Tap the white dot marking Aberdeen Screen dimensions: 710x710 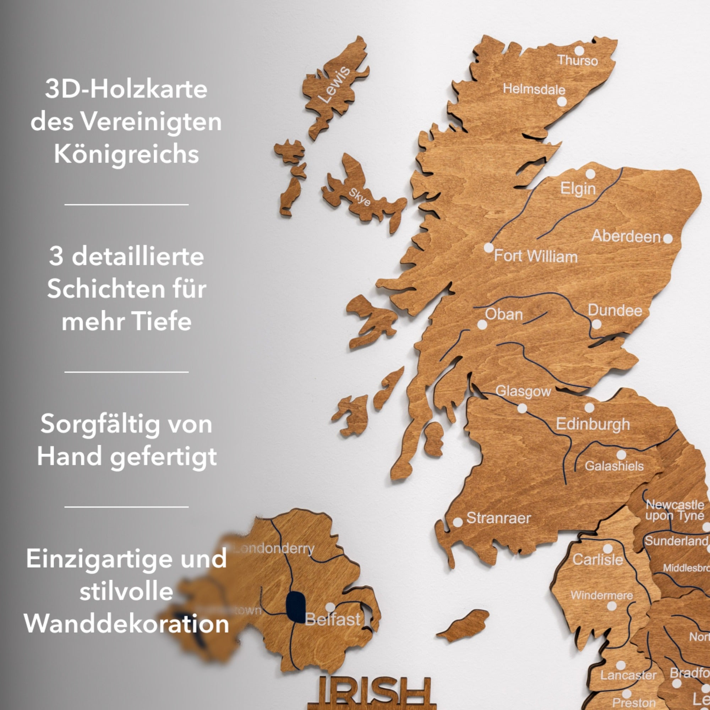pyautogui.click(x=668, y=239)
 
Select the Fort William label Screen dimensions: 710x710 pyautogui.click(x=535, y=256)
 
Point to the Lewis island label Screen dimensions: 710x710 pyautogui.click(x=334, y=85)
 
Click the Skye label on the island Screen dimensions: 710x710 pyautogui.click(x=359, y=197)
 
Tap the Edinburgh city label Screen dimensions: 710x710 pyautogui.click(x=593, y=424)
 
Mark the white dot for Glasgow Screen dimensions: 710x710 pyautogui.click(x=522, y=408)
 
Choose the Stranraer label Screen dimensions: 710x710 pyautogui.click(x=498, y=518)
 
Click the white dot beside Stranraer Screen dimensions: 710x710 pyautogui.click(x=458, y=522)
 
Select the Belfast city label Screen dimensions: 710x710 pyautogui.click(x=333, y=619)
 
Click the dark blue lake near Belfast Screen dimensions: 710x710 pyautogui.click(x=295, y=607)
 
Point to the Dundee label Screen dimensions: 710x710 pyautogui.click(x=615, y=311)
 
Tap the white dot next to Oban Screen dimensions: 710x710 pyautogui.click(x=482, y=324)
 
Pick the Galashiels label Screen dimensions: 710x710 pyautogui.click(x=614, y=466)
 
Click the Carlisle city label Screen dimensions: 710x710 pyautogui.click(x=597, y=560)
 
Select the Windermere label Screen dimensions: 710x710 pyautogui.click(x=602, y=595)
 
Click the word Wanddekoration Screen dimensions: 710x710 pyautogui.click(x=126, y=624)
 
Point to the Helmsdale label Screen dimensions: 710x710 pyautogui.click(x=534, y=89)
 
